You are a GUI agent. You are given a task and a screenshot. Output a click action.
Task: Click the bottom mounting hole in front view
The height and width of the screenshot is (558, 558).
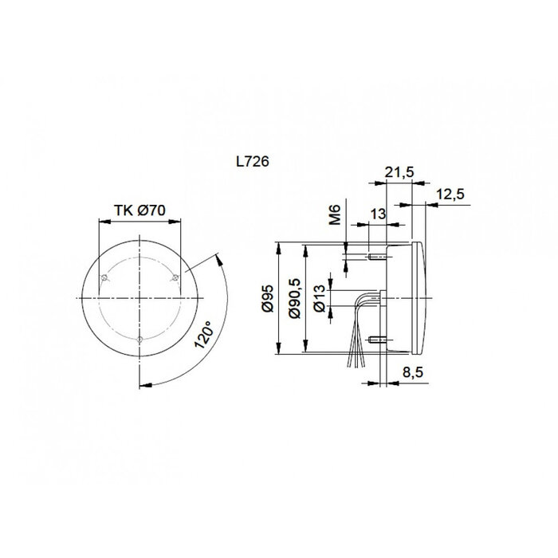(x=139, y=340)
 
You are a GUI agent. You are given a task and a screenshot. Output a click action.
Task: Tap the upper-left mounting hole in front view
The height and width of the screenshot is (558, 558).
(x=104, y=277)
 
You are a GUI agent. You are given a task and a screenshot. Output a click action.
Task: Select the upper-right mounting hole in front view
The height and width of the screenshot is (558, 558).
(x=175, y=277)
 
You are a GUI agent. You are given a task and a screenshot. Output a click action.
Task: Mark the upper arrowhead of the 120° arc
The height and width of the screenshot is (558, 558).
(x=217, y=257)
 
